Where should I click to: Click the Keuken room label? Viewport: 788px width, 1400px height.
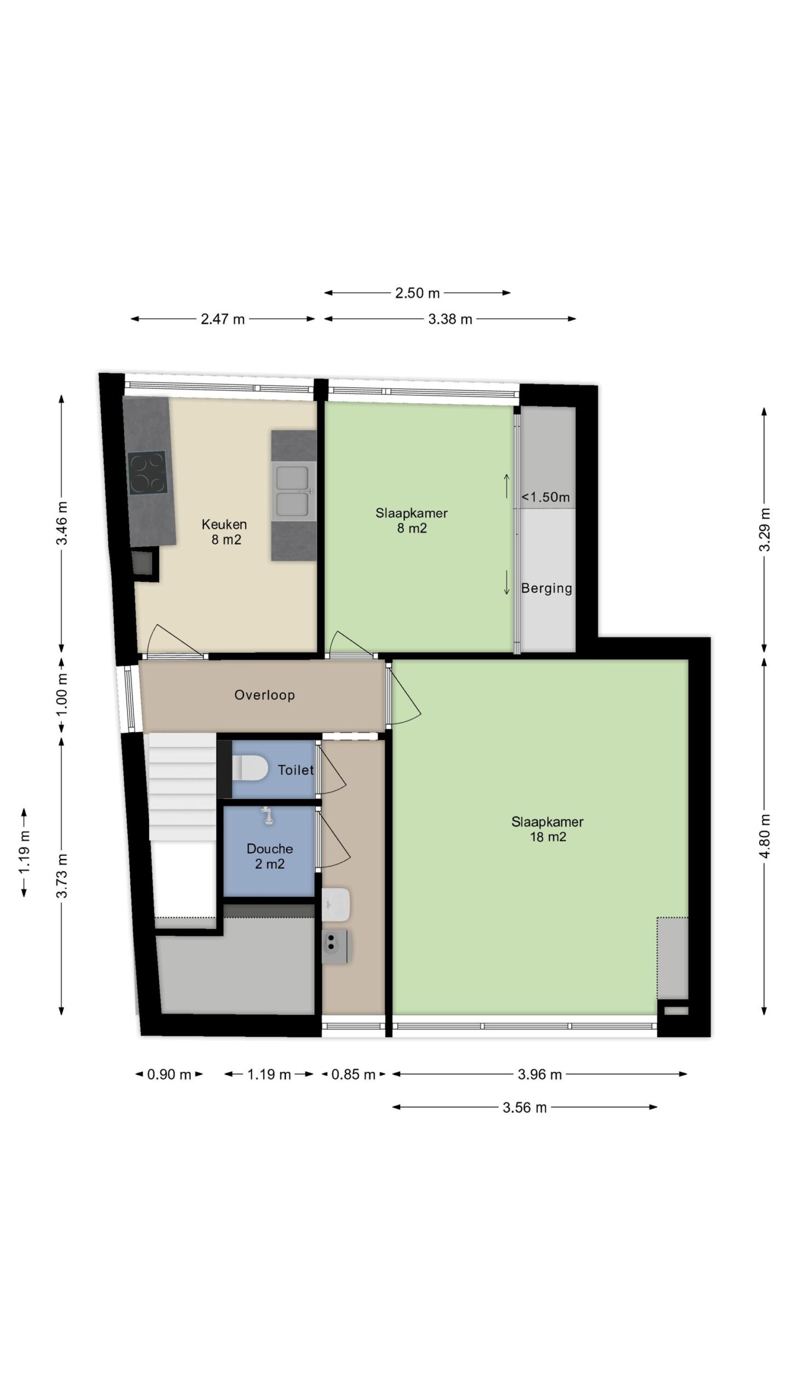[x=224, y=532]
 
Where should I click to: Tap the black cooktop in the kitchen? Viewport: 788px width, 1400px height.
[x=147, y=472]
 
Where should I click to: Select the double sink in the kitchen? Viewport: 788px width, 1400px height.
[x=294, y=491]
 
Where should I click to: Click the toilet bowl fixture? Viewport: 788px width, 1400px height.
[x=250, y=768]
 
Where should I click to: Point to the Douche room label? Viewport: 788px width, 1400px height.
[x=270, y=856]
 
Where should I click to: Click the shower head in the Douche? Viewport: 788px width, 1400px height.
[x=268, y=816]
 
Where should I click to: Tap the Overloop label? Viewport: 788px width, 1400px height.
[x=265, y=695]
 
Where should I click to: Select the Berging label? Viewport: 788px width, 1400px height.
[x=547, y=588]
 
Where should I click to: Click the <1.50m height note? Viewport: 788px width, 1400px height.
[x=546, y=497]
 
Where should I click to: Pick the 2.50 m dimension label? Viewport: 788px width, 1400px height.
[x=418, y=293]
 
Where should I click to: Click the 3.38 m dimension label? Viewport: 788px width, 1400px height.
[x=450, y=319]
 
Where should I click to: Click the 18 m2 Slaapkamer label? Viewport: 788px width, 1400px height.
[x=548, y=829]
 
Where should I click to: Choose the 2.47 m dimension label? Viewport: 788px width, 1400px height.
[x=223, y=319]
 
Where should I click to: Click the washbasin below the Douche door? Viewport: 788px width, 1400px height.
[x=336, y=904]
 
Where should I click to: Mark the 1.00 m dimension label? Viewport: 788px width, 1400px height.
[x=62, y=695]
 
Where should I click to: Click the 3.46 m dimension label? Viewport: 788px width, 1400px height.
[x=62, y=523]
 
